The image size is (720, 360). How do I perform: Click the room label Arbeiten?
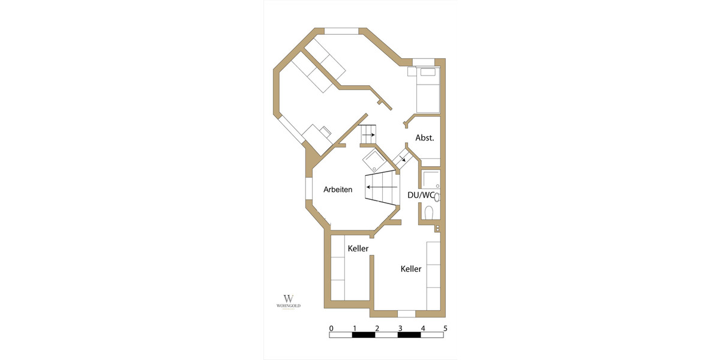pos(338,189)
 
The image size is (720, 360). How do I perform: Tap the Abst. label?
pos(424,137)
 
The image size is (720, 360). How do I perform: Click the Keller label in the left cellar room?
pos(358,248)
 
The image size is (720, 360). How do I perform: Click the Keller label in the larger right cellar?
pos(411,269)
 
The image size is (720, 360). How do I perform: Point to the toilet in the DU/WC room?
pos(428,213)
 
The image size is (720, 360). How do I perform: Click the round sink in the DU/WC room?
pos(437,196)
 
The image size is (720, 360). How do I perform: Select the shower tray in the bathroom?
pos(430,179)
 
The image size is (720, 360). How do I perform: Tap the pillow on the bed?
pos(428,73)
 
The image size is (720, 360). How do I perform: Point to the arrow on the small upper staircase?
pos(368,135)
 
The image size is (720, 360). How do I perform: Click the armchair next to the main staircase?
pos(375,161)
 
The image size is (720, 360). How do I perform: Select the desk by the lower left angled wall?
pos(317,133)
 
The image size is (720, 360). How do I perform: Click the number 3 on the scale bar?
pos(400,328)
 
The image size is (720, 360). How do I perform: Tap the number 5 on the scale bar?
pos(445,328)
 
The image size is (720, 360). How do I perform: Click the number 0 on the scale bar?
pos(331,328)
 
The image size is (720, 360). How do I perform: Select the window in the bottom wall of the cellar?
pos(406,313)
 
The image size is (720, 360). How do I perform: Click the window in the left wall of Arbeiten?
pos(308,188)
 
